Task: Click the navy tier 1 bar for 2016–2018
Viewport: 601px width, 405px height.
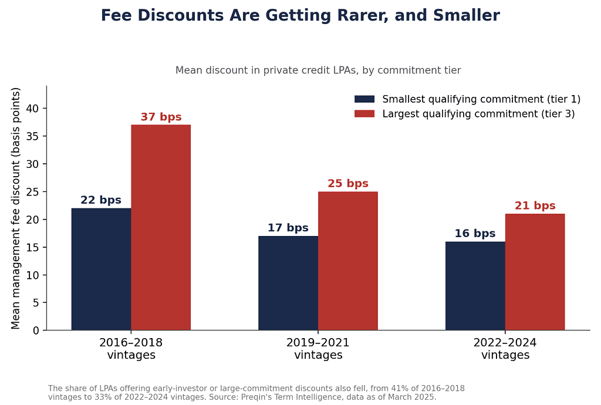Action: tap(101, 269)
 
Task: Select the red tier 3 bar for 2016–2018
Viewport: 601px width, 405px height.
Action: tap(161, 227)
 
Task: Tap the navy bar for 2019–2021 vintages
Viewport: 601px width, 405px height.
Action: tap(288, 283)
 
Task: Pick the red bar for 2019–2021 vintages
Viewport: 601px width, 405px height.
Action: tap(348, 261)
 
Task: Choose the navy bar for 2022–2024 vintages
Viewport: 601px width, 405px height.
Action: tap(475, 286)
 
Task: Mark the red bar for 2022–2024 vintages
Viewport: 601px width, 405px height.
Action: tap(535, 272)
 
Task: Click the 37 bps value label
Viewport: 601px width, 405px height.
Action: tap(161, 117)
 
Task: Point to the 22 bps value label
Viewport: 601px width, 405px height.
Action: tap(101, 200)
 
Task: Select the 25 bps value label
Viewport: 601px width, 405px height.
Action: tap(348, 184)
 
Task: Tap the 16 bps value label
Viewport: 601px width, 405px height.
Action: tap(475, 234)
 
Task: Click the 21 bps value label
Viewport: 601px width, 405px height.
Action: tap(535, 206)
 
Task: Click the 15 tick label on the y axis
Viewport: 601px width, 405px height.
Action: tap(33, 248)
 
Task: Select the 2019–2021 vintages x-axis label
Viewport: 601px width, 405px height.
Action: tap(318, 348)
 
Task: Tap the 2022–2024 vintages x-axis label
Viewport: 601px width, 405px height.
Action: tap(505, 348)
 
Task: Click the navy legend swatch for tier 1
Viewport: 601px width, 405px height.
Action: tap(364, 99)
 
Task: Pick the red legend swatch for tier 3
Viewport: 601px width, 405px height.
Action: tap(364, 114)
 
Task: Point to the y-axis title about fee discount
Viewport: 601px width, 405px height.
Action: tap(15, 208)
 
